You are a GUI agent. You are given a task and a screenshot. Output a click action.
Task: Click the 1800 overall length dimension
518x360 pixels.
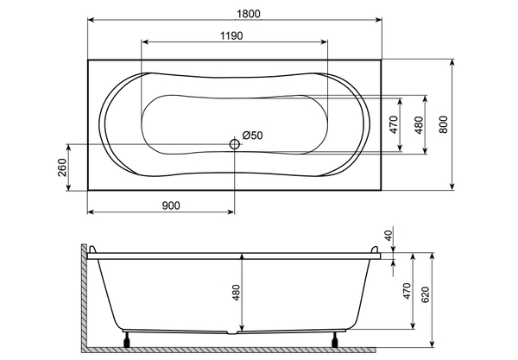(249, 14)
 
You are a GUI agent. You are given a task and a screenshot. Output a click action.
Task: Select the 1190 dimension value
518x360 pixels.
(231, 35)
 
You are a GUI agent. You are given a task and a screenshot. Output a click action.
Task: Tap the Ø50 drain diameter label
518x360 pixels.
(252, 136)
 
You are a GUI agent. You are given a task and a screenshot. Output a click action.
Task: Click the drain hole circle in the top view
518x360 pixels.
(235, 144)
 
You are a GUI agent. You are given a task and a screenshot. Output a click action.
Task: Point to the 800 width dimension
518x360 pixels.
(444, 124)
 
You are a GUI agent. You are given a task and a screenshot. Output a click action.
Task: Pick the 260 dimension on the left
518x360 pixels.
(62, 167)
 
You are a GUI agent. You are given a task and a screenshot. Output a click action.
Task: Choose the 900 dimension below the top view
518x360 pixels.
(171, 205)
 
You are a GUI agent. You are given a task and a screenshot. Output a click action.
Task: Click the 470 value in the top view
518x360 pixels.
(394, 124)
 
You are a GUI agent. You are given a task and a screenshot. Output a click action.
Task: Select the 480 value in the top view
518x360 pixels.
(419, 125)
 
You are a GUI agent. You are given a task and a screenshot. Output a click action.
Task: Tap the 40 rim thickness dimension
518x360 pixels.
(388, 235)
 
